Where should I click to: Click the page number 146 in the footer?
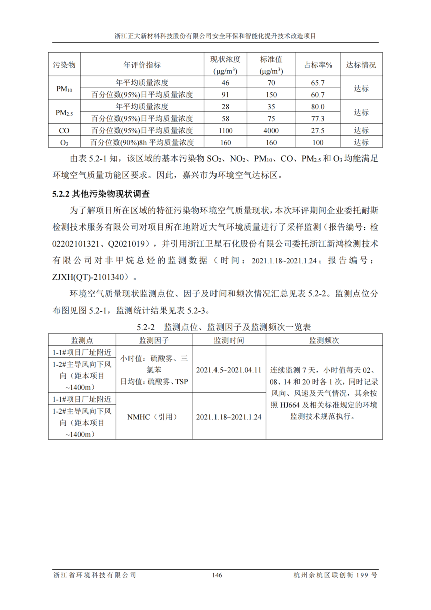(217, 575)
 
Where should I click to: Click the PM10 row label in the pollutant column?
(64, 89)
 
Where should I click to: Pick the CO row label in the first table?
(64, 131)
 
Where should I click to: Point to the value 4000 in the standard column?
(271, 131)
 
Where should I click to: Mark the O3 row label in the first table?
(64, 143)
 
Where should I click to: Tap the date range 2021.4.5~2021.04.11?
(229, 370)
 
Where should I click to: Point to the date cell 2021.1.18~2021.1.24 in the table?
(229, 417)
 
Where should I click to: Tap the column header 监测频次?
(324, 340)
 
